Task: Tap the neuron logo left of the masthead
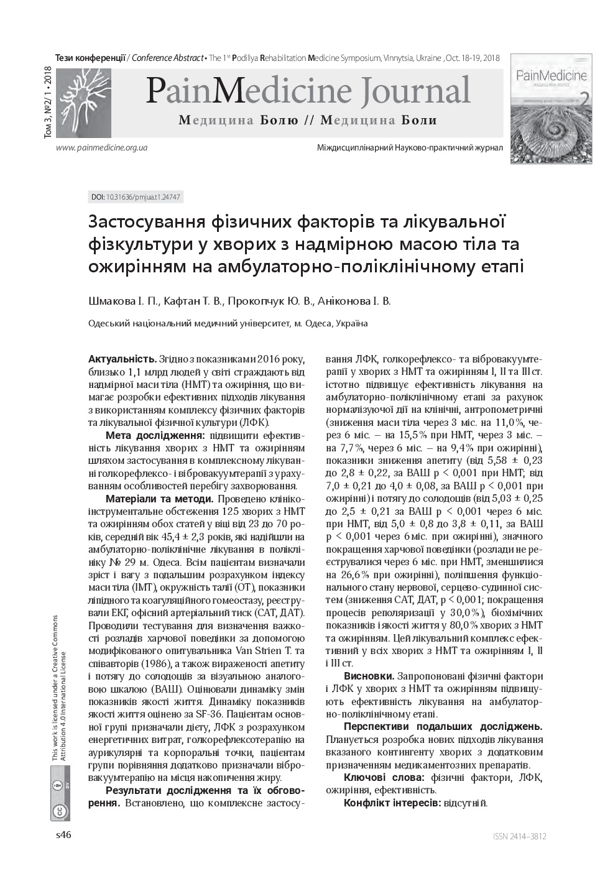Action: click(x=83, y=103)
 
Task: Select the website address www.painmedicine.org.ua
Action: click(x=101, y=148)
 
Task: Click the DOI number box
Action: click(x=136, y=197)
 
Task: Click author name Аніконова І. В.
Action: click(x=354, y=302)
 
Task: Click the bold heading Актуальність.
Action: click(x=122, y=359)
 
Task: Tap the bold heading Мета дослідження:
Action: click(x=155, y=435)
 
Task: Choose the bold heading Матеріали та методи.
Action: click(x=160, y=499)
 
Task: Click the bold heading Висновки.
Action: click(x=369, y=676)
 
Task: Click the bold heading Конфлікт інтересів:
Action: click(x=392, y=803)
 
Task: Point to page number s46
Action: click(x=63, y=835)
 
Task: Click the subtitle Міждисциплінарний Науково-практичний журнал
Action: click(x=410, y=148)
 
